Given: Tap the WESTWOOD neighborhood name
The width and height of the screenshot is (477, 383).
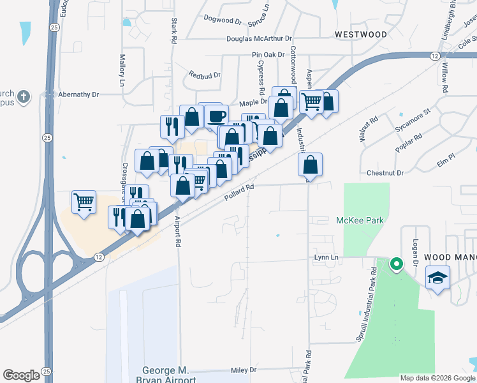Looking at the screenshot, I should pos(361,34).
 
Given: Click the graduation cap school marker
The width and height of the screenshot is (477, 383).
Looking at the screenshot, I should pos(438,278).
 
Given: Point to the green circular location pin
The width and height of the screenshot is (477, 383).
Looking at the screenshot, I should pos(396,263).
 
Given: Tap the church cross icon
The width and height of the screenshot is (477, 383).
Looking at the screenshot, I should pos(24,96).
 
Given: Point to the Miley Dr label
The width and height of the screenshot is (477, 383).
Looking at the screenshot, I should pos(243,370).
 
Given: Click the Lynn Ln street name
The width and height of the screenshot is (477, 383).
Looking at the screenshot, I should pos(325,258).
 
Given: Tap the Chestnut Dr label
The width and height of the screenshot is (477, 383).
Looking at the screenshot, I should pos(386,173).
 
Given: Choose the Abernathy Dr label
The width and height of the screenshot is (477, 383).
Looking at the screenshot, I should pos(79,94).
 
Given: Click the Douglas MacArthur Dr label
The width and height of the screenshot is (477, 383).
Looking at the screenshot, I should pos(258,39).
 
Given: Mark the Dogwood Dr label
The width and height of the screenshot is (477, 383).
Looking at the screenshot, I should pos(223,20).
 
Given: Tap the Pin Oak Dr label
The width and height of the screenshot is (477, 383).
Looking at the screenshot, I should pos(268,55).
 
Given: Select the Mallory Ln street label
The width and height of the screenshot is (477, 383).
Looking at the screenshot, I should pos(122,70).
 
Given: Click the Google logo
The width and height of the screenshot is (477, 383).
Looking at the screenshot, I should pos(21,375).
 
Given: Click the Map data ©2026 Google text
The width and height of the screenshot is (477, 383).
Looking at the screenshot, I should pos(437,378).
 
